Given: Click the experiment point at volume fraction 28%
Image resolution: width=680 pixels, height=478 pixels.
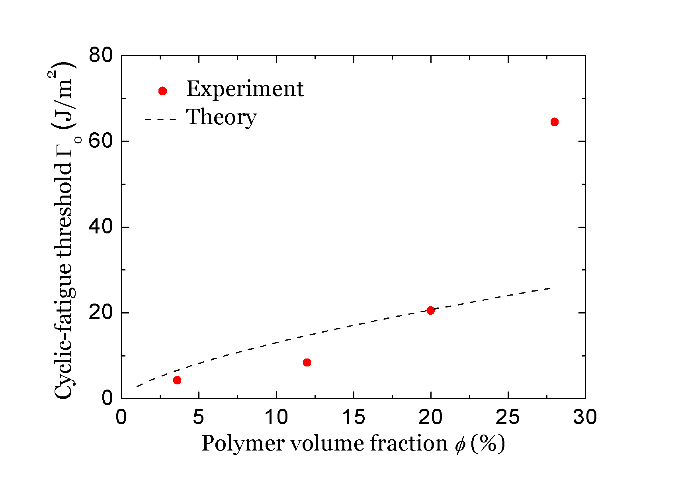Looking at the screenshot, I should click(x=554, y=122).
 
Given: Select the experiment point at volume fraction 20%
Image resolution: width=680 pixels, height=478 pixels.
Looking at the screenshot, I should click(x=430, y=310).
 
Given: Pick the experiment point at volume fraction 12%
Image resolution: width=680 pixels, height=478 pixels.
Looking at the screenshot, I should click(x=307, y=362).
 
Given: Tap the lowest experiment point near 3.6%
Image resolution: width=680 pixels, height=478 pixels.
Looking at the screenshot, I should click(x=177, y=380).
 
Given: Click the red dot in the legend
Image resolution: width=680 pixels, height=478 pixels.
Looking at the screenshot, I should click(x=162, y=91).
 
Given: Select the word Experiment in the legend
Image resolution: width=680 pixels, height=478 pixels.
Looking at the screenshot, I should click(x=245, y=89).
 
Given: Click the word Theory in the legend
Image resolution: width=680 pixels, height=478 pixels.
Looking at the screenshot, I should click(x=222, y=118).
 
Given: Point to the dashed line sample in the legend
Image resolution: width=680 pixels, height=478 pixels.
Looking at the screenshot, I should click(x=160, y=119).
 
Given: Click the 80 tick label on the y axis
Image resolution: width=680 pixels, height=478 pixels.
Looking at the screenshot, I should click(x=101, y=56).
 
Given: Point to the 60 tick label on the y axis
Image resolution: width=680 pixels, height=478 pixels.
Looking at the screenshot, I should click(x=101, y=141).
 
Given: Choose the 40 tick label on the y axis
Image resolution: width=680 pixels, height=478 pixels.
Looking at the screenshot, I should click(x=101, y=227).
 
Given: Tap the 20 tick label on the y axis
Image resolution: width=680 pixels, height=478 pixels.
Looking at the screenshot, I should click(x=101, y=313).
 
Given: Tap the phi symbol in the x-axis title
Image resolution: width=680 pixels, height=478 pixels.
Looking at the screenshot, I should click(x=460, y=445).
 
